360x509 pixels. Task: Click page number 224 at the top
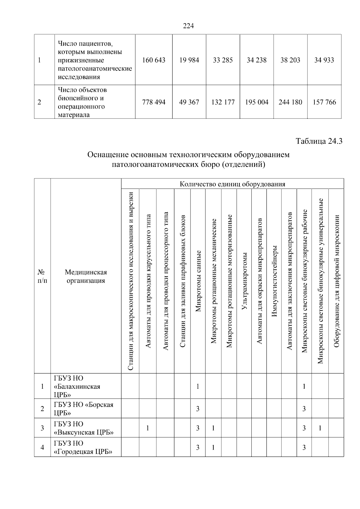pyautogui.click(x=188, y=26)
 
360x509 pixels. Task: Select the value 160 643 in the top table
pyautogui.click(x=154, y=60)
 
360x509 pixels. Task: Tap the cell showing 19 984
pyautogui.click(x=189, y=60)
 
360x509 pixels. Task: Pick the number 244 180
pyautogui.click(x=290, y=102)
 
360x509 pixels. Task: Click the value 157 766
pyautogui.click(x=324, y=102)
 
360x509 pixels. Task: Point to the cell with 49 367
pyautogui.click(x=189, y=102)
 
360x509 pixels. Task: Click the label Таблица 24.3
pyautogui.click(x=319, y=141)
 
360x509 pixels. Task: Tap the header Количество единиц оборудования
pyautogui.click(x=232, y=184)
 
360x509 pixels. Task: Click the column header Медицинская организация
pyautogui.click(x=86, y=276)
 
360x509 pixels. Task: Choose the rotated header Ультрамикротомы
pyautogui.click(x=244, y=281)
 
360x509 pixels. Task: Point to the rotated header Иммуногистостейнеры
pyautogui.click(x=274, y=281)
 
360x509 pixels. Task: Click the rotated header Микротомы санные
pyautogui.click(x=198, y=281)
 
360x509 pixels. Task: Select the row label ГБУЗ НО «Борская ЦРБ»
pyautogui.click(x=84, y=409)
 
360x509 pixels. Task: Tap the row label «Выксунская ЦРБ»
pyautogui.click(x=84, y=432)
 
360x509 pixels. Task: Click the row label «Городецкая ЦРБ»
pyautogui.click(x=83, y=451)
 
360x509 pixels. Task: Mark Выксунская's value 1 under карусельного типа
pyautogui.click(x=148, y=428)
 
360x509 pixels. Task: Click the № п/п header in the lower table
pyautogui.click(x=42, y=276)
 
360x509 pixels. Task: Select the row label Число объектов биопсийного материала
pyautogui.click(x=82, y=102)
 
